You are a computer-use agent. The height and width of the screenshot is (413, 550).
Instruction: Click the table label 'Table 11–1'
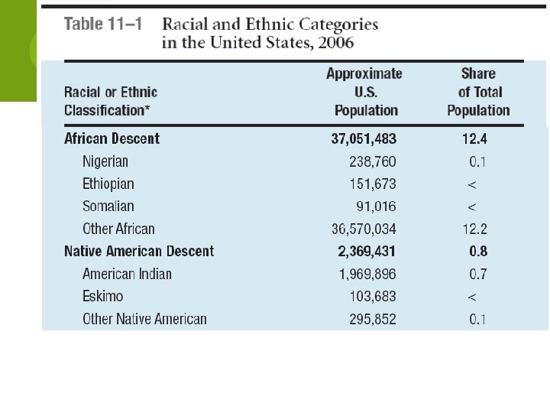(x=104, y=24)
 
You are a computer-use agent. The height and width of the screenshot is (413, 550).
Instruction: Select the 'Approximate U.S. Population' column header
(x=364, y=92)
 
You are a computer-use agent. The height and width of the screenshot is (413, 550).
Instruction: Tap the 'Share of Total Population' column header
(x=478, y=92)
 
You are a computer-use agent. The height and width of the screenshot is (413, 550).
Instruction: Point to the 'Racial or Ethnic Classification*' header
(x=112, y=101)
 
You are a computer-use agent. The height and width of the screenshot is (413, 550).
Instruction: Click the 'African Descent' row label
(x=112, y=138)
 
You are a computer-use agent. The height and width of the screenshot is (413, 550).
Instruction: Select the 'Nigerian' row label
(x=105, y=161)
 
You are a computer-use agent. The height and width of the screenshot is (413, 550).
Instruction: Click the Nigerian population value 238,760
(x=371, y=161)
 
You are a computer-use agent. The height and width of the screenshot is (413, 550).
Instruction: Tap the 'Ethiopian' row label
(x=108, y=184)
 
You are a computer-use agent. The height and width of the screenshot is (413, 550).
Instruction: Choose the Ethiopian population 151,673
(x=371, y=184)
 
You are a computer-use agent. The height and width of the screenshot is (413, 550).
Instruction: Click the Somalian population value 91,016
(x=376, y=206)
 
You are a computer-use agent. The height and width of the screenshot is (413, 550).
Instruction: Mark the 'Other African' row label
(x=118, y=229)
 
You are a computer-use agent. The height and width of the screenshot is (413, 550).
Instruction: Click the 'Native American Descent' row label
(x=139, y=251)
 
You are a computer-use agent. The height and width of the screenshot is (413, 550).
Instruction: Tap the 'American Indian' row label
(x=127, y=274)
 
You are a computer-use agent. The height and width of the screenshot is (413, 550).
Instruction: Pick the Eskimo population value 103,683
(x=371, y=296)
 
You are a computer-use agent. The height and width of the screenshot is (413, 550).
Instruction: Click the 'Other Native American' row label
(x=144, y=319)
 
